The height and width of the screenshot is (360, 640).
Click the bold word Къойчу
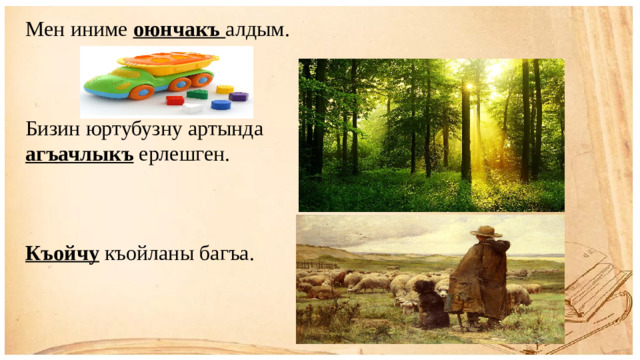[x=62, y=255]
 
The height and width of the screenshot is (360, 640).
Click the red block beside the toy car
[x=176, y=100]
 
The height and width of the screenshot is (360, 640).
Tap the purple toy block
[x=238, y=97]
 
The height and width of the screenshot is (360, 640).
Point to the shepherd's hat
[x=487, y=232]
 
